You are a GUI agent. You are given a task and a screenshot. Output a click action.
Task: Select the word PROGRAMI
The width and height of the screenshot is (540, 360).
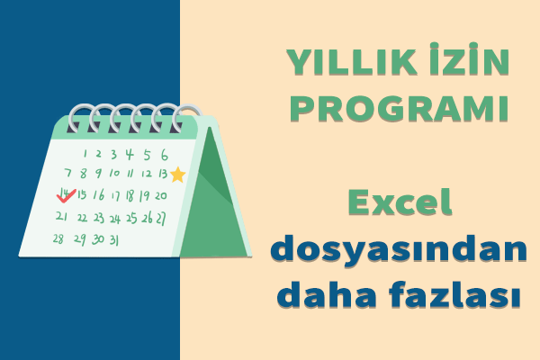click(399, 109)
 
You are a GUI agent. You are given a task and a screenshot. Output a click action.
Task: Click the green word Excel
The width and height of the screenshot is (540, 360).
click(400, 202)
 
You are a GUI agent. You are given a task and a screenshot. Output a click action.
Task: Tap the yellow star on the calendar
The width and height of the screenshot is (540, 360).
click(178, 175)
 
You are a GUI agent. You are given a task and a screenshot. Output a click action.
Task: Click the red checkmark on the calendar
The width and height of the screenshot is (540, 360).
click(66, 196)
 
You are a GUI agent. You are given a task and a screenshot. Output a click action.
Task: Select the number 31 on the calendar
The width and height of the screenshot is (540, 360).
click(114, 239)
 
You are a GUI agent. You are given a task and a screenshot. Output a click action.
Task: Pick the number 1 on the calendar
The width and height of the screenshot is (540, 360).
click(85, 153)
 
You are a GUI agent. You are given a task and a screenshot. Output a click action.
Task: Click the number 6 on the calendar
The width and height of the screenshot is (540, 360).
click(165, 155)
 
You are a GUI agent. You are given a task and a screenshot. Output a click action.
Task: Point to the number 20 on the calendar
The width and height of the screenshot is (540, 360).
click(160, 195)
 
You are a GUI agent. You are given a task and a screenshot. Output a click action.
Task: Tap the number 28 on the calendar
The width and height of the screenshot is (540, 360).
click(58, 238)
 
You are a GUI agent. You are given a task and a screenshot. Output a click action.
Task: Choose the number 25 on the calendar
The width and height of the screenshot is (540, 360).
click(131, 218)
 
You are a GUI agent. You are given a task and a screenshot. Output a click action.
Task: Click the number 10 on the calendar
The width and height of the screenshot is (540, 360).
click(114, 173)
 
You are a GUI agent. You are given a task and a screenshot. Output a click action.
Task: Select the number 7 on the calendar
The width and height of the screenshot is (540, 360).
click(68, 172)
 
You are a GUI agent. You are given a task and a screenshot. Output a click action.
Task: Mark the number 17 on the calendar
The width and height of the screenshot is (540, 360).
click(115, 196)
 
